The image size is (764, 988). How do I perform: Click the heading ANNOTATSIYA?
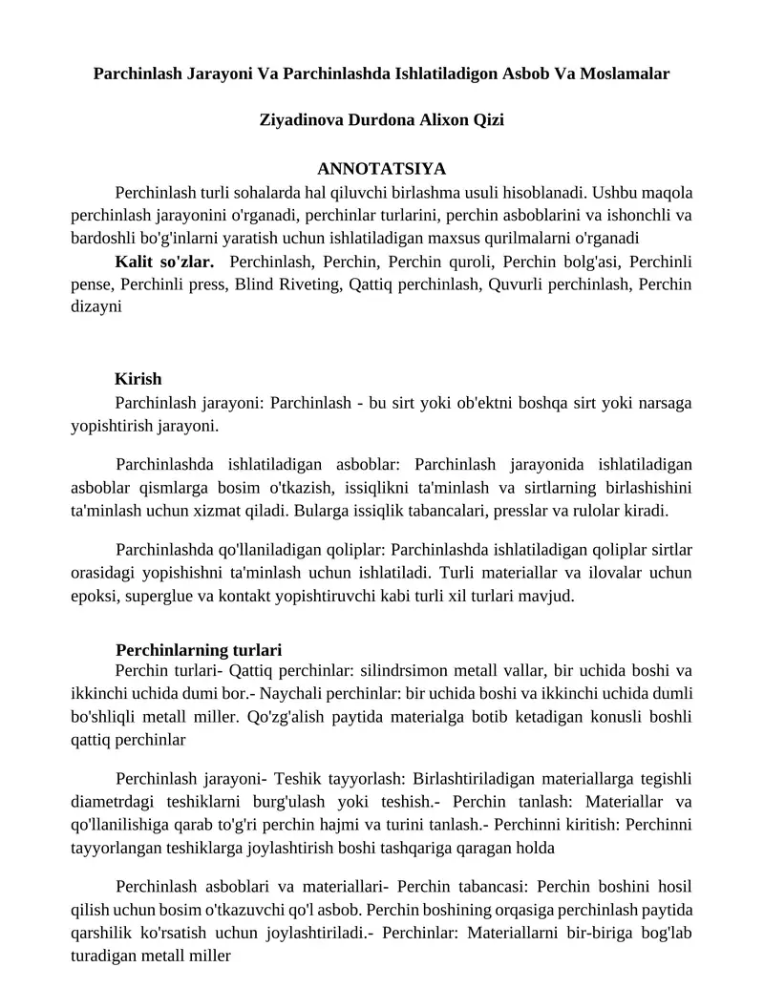pos(381,169)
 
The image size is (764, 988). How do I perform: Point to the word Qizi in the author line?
pos(484,120)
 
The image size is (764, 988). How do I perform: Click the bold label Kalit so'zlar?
pos(164,261)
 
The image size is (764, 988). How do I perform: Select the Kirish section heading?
pos(138,379)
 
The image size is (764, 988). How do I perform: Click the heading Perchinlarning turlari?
pos(199,651)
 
